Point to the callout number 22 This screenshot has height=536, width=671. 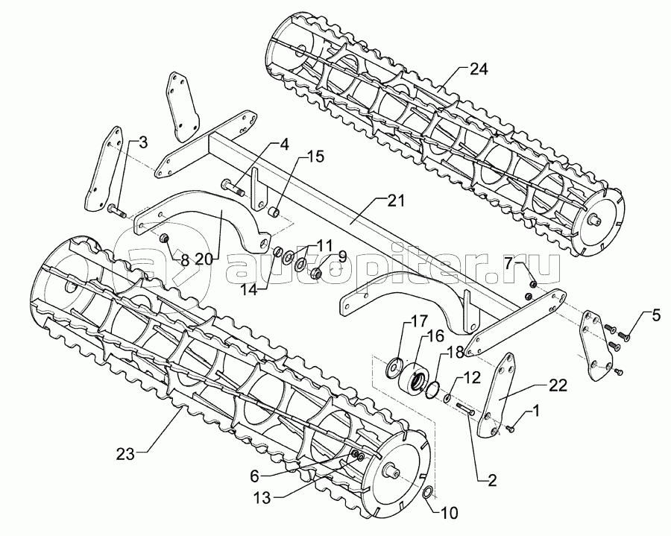(x=558, y=385)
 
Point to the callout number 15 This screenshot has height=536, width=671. (x=316, y=157)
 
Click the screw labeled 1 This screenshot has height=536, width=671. (x=510, y=428)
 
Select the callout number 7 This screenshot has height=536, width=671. (x=508, y=263)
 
